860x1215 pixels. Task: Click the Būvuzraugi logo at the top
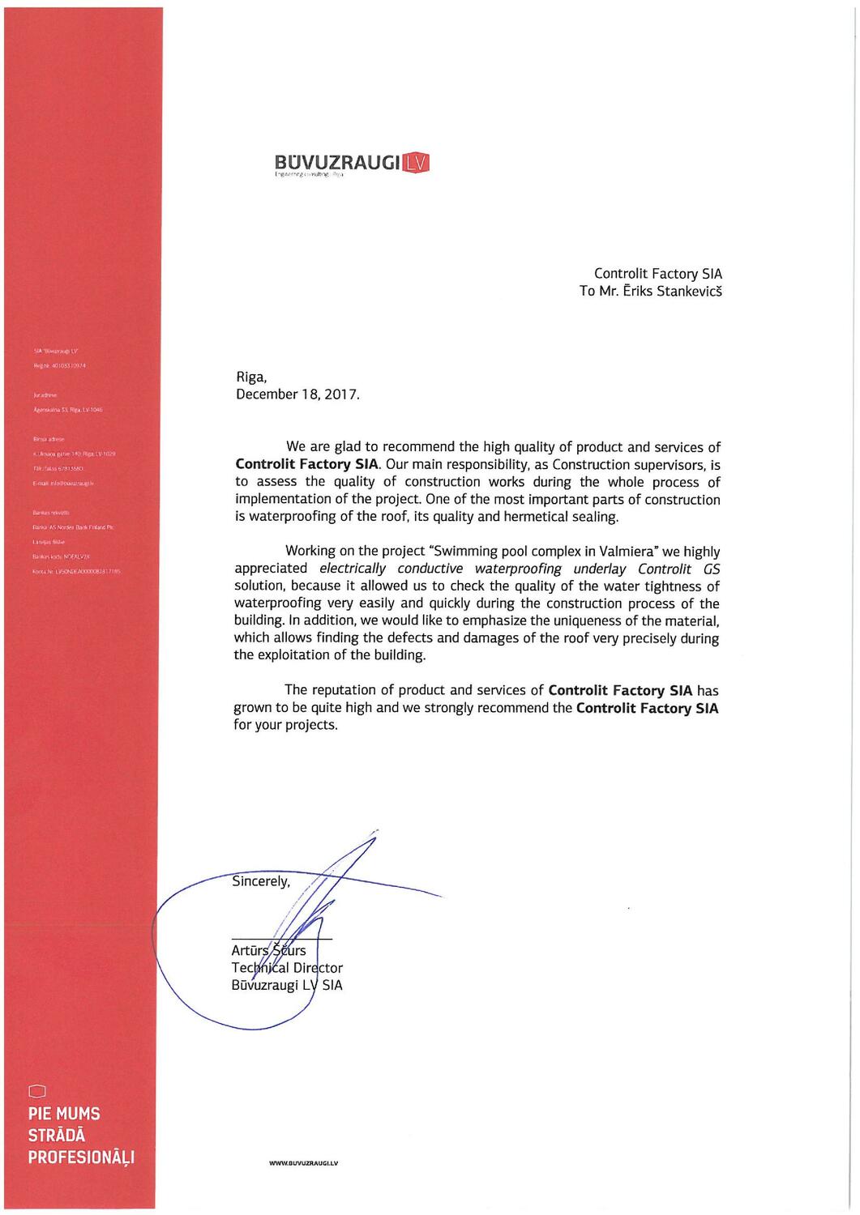tap(351, 164)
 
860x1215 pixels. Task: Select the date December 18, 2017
tap(297, 394)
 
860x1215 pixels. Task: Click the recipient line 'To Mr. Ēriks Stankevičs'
tap(650, 292)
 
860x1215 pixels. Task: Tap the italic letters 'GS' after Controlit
tap(711, 569)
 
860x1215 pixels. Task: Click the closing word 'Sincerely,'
tap(261, 880)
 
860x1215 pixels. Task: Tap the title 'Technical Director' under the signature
tap(287, 968)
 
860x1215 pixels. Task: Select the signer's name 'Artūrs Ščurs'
tap(268, 950)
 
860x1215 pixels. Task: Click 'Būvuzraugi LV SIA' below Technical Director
tap(287, 986)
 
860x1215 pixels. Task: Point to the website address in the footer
tap(303, 1163)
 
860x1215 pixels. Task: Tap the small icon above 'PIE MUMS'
tap(35, 1089)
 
